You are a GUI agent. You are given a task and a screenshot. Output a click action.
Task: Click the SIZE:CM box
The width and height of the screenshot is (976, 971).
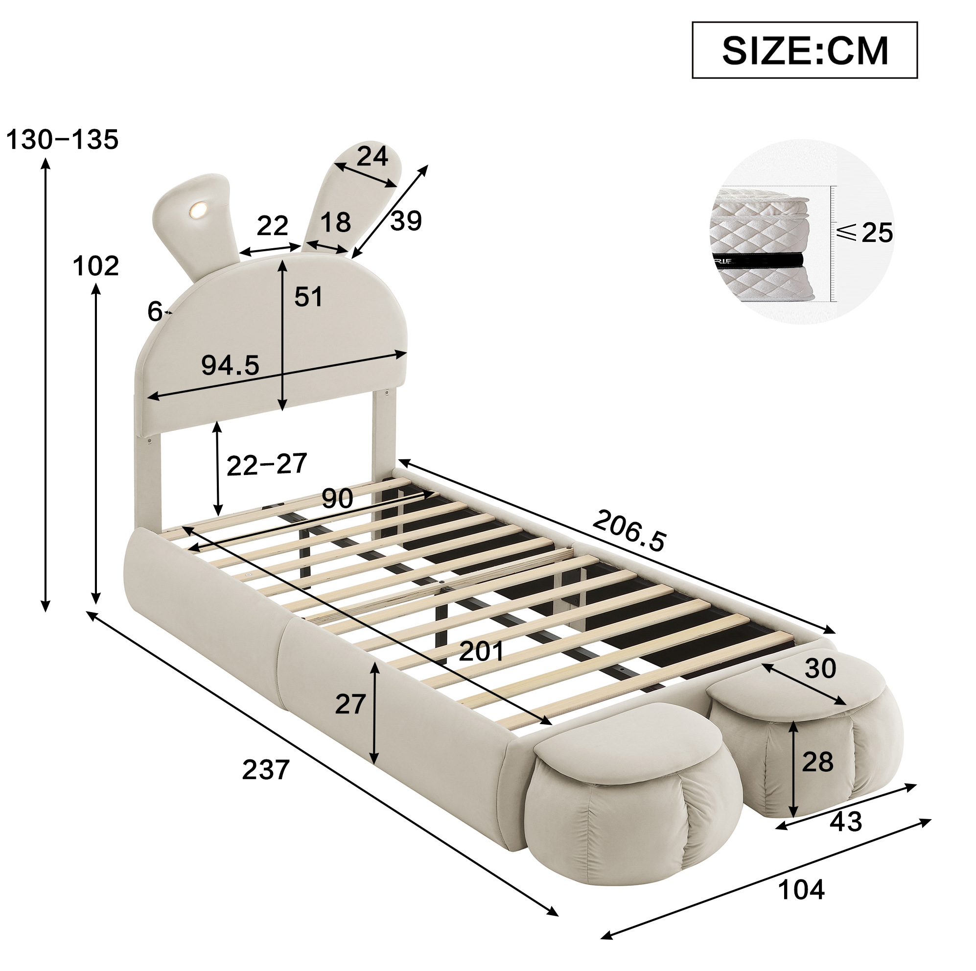point(804,50)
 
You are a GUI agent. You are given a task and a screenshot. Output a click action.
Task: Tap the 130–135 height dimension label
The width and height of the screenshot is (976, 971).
point(62,140)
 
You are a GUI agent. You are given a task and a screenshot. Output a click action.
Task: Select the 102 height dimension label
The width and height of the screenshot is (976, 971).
point(95,266)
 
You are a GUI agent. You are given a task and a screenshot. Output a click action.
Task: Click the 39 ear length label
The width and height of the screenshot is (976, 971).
point(406,221)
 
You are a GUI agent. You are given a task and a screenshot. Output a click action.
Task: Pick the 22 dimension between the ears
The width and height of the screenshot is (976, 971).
point(272,225)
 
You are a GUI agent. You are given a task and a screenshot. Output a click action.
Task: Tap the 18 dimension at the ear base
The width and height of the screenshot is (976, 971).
point(335,222)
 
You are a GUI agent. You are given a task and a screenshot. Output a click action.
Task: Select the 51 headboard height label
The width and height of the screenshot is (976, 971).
point(308,297)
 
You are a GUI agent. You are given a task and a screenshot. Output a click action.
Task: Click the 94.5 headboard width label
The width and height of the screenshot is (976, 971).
point(231,364)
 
